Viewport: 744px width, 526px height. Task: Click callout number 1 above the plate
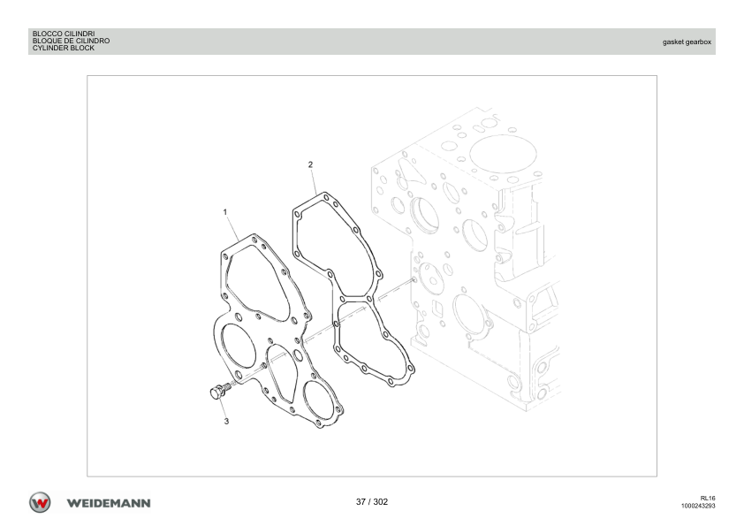click(x=225, y=212)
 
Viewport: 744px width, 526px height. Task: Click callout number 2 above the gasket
click(x=310, y=164)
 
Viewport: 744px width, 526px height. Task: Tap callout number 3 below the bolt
click(x=226, y=421)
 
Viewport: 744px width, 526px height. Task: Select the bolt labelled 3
click(x=219, y=391)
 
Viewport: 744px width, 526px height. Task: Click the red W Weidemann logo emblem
click(x=40, y=502)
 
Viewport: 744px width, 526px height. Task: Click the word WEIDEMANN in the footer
click(x=109, y=503)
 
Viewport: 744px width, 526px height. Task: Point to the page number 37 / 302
click(x=372, y=502)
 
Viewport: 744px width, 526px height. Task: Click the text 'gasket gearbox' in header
click(x=687, y=42)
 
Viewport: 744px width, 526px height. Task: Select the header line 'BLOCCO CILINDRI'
click(x=64, y=34)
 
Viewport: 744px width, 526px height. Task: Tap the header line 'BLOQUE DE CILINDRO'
click(x=72, y=41)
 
